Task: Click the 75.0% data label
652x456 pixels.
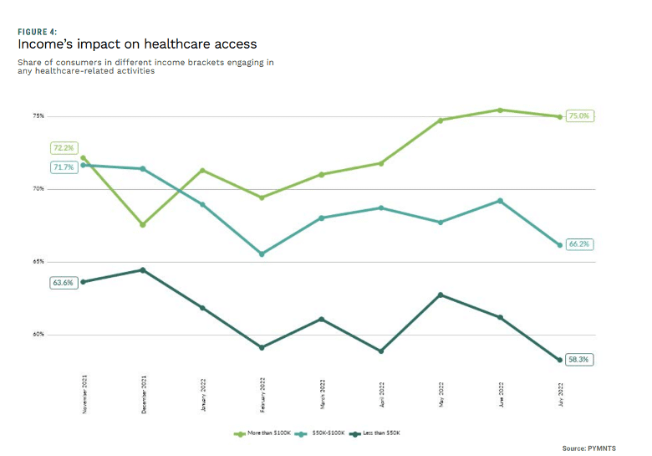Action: pos(579,116)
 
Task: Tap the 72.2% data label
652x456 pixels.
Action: pos(64,147)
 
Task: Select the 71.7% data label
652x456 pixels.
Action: pos(64,167)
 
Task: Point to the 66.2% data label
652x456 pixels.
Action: pos(579,244)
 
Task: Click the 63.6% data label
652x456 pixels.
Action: pos(64,283)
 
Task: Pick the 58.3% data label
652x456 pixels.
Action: pos(579,359)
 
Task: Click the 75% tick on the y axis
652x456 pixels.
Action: pos(38,115)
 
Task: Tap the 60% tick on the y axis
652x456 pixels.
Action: pos(38,335)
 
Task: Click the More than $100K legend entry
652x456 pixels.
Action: pos(263,433)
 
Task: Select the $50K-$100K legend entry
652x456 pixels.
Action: pos(323,433)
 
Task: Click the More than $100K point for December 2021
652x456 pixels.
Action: pos(143,224)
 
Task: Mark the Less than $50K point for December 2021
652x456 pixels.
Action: pos(143,270)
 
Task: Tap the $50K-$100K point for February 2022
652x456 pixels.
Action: pos(262,254)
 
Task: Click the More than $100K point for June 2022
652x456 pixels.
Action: pos(500,110)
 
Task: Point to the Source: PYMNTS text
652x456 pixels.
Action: pos(589,448)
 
